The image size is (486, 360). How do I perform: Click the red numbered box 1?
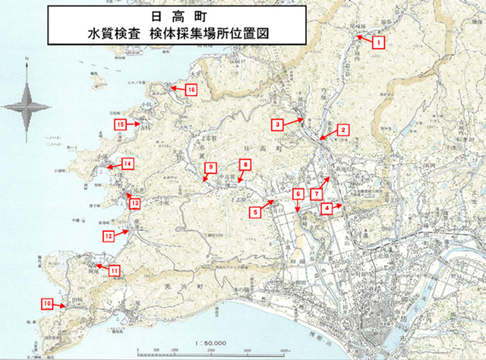click(378, 43)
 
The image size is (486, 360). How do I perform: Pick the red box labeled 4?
click(326, 207)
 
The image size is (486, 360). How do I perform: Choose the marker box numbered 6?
click(298, 194)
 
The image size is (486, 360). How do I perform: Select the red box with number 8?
click(245, 164)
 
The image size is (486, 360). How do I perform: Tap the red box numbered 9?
click(210, 167)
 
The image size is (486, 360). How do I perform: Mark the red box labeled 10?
click(47, 304)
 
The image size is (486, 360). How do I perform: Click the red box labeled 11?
click(114, 270)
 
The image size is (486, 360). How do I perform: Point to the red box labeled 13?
click(134, 203)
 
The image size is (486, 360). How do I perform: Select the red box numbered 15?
click(120, 124)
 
